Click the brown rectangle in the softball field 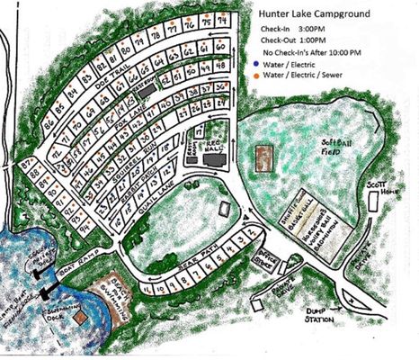coord(264,160)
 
